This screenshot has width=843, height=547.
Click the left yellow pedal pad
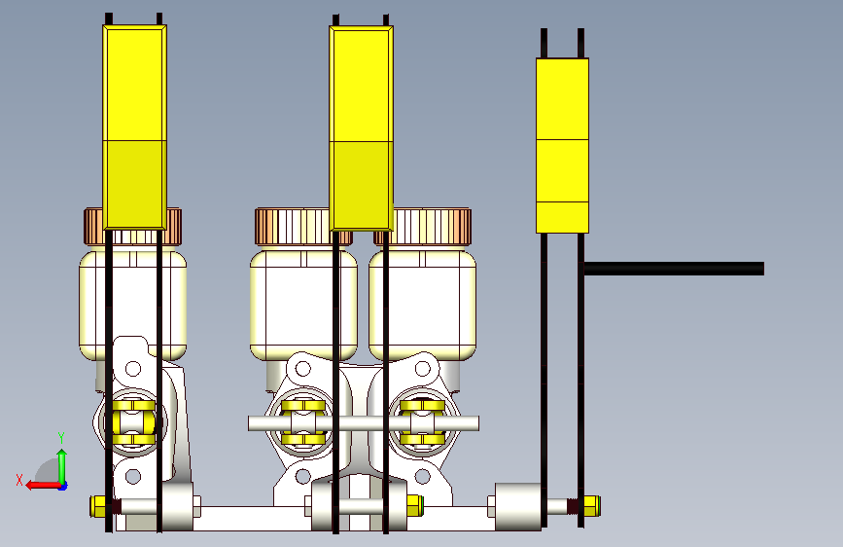[134, 128]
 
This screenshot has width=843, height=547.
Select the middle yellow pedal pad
[362, 128]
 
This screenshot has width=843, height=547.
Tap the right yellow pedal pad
[562, 145]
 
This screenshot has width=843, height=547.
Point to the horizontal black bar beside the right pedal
[674, 268]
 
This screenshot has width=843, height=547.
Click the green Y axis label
[61, 438]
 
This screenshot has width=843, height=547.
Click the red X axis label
[19, 480]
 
